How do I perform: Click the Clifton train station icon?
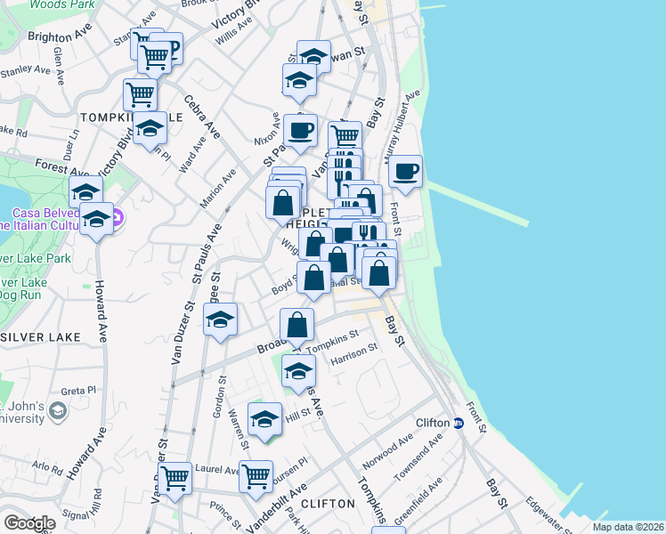pos(458,423)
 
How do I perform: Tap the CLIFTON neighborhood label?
pos(329,503)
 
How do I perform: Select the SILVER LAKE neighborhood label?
pos(41,337)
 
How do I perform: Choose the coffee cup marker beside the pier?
pos(405,172)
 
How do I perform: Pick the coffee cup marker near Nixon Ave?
pos(300,131)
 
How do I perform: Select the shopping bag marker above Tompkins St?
pos(297,325)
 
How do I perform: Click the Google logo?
pos(29,523)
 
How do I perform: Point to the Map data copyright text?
pos(627,527)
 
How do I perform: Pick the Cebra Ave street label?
pos(202,118)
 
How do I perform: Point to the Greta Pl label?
pos(78,390)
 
